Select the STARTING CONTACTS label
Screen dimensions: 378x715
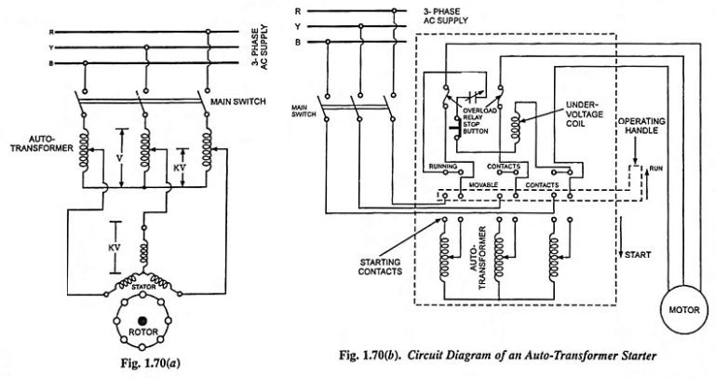tap(378, 267)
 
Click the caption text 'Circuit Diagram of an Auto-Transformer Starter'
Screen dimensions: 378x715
tap(533, 355)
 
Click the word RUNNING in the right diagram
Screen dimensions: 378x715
tap(441, 167)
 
